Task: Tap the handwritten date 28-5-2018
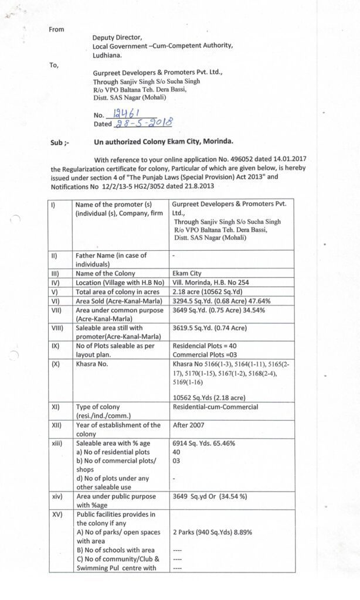143,123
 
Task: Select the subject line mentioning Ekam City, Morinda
164,142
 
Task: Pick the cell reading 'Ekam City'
188,273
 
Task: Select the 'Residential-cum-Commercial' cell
215,407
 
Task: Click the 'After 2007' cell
189,425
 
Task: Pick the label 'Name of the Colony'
105,273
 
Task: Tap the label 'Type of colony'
97,407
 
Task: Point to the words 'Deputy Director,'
117,37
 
